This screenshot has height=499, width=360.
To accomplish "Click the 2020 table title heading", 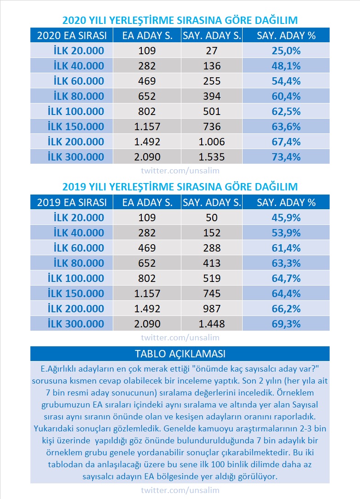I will pyautogui.click(x=180, y=20).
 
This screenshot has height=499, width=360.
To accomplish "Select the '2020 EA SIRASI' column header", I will pyautogui.click(x=71, y=35).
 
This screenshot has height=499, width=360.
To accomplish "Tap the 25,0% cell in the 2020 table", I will pyautogui.click(x=286, y=51).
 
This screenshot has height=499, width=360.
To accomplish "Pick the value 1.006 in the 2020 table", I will pyautogui.click(x=212, y=142).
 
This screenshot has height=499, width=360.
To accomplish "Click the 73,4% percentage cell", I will pyautogui.click(x=286, y=157).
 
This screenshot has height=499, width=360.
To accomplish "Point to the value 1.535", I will pyautogui.click(x=212, y=157).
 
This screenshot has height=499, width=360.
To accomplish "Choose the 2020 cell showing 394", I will pyautogui.click(x=212, y=96).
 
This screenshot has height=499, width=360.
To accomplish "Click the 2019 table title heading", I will pyautogui.click(x=180, y=187).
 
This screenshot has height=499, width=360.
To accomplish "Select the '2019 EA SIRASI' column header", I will pyautogui.click(x=71, y=202).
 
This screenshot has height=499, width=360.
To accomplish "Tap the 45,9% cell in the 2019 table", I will pyautogui.click(x=286, y=218).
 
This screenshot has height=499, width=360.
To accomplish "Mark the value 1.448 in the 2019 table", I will pyautogui.click(x=212, y=324).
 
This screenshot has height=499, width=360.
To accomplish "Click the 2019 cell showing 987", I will pyautogui.click(x=212, y=309).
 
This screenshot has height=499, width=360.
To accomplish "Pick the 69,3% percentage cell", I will pyautogui.click(x=286, y=324).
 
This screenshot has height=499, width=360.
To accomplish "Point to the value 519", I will pyautogui.click(x=212, y=278).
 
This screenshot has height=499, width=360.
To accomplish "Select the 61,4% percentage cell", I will pyautogui.click(x=286, y=248).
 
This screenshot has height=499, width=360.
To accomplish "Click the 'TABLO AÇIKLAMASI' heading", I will pyautogui.click(x=180, y=354).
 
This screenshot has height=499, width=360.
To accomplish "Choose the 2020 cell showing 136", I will pyautogui.click(x=212, y=66).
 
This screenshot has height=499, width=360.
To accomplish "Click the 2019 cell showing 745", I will pyautogui.click(x=212, y=293).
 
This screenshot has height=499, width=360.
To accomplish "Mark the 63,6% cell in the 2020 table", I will pyautogui.click(x=286, y=126).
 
